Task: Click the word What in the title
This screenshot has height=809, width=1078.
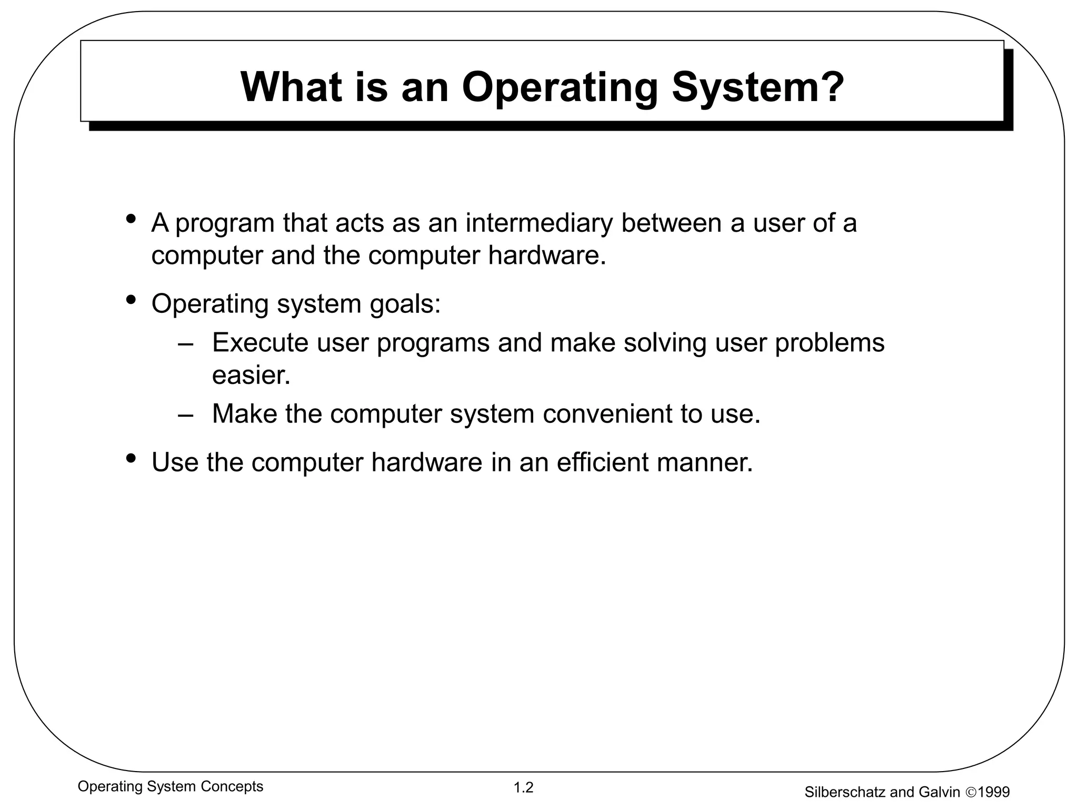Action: click(291, 87)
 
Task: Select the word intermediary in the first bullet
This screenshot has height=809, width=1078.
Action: click(539, 223)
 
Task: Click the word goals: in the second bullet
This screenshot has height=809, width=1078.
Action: click(405, 304)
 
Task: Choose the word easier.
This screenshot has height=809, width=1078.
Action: click(251, 376)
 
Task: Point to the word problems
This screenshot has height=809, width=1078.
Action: click(830, 343)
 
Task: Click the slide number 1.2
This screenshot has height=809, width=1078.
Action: click(524, 788)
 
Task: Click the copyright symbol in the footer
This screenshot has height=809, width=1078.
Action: click(970, 792)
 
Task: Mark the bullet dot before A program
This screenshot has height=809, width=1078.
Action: click(131, 218)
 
